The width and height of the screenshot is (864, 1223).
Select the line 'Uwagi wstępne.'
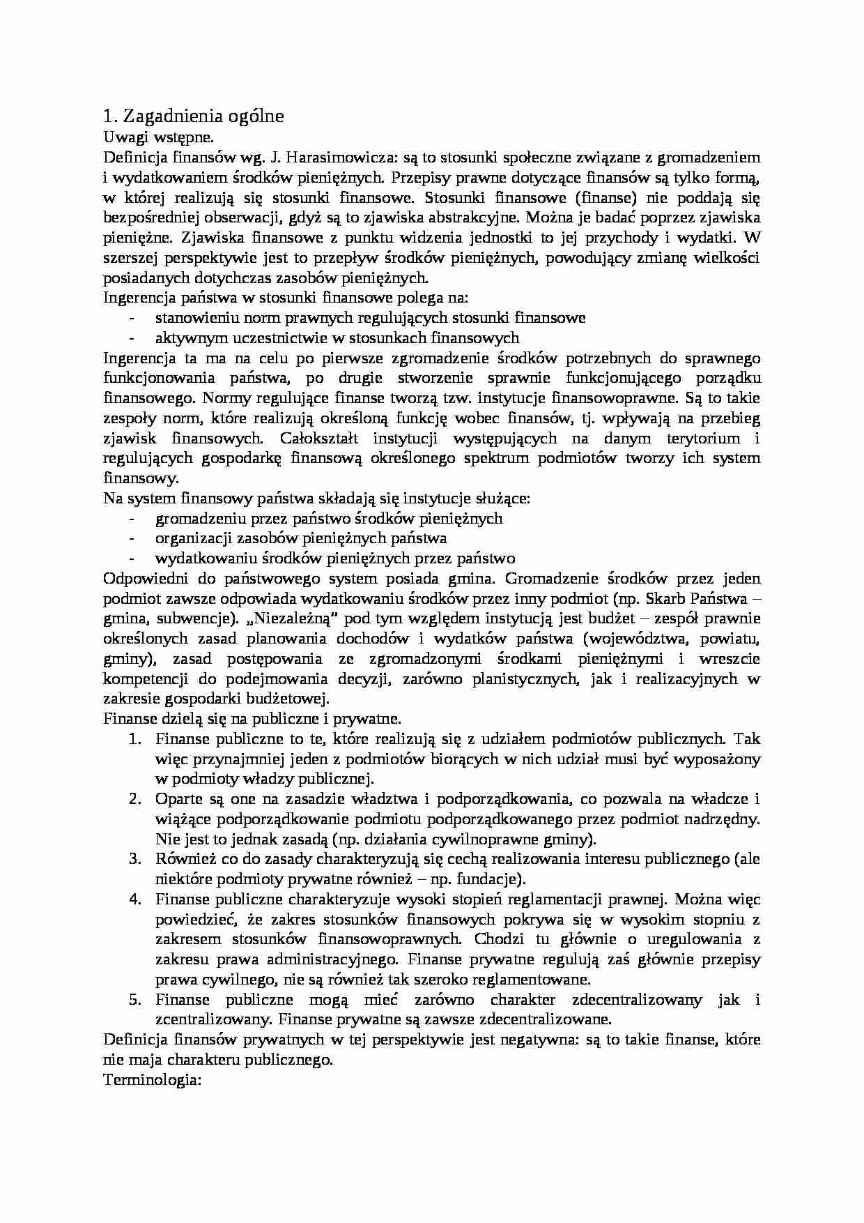point(146,137)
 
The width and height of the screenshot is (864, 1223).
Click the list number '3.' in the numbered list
point(136,859)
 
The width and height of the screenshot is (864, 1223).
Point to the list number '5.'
point(136,1000)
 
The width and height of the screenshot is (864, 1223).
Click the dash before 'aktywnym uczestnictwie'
point(132,338)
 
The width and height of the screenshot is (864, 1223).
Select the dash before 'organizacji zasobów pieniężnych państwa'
point(132,539)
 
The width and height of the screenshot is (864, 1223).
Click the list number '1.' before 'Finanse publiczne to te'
point(136,738)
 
